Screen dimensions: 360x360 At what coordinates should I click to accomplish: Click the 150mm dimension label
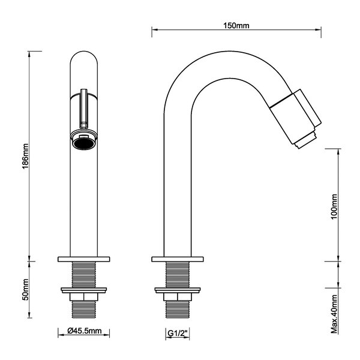(x=236, y=25)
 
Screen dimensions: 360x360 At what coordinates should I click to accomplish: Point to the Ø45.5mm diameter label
(x=85, y=331)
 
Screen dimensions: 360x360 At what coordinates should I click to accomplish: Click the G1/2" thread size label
(x=178, y=331)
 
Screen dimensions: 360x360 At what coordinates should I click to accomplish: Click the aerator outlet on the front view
(x=84, y=143)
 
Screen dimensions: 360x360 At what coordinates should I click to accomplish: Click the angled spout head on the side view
(x=296, y=118)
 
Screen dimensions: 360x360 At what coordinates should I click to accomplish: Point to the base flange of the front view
(x=84, y=259)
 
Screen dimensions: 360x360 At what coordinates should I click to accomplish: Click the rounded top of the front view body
(x=84, y=60)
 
